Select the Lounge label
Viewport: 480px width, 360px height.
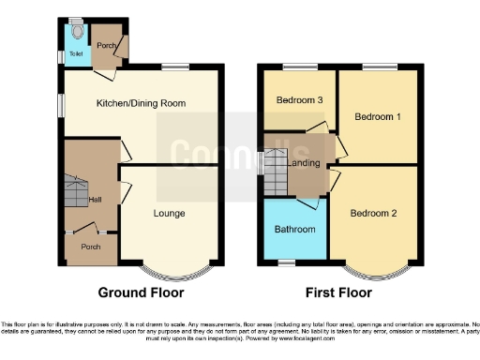click(x=170, y=213)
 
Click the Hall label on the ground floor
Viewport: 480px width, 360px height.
click(x=95, y=199)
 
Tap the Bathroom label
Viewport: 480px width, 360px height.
click(x=293, y=229)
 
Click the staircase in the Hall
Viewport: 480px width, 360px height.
click(x=74, y=192)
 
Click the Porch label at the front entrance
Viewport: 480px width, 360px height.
click(x=91, y=247)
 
